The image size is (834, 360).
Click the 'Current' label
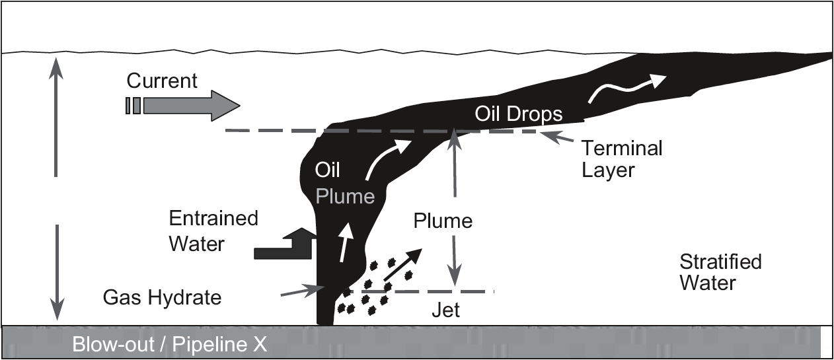(162, 81)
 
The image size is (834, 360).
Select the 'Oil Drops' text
(518, 114)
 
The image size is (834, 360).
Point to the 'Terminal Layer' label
(622, 159)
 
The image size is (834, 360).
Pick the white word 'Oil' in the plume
(327, 170)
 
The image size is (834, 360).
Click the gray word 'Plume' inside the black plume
(345, 196)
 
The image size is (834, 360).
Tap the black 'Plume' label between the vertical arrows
(443, 221)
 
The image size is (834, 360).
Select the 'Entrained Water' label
(213, 231)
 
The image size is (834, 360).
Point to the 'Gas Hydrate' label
(162, 298)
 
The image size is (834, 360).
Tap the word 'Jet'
(445, 310)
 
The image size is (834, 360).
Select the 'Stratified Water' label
(720, 272)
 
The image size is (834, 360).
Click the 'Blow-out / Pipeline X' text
(169, 344)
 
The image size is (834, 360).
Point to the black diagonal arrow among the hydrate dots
(402, 265)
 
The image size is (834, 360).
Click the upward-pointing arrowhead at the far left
(56, 68)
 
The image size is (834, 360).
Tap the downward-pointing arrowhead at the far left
(57, 309)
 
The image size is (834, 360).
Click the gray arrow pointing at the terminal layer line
(557, 137)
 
